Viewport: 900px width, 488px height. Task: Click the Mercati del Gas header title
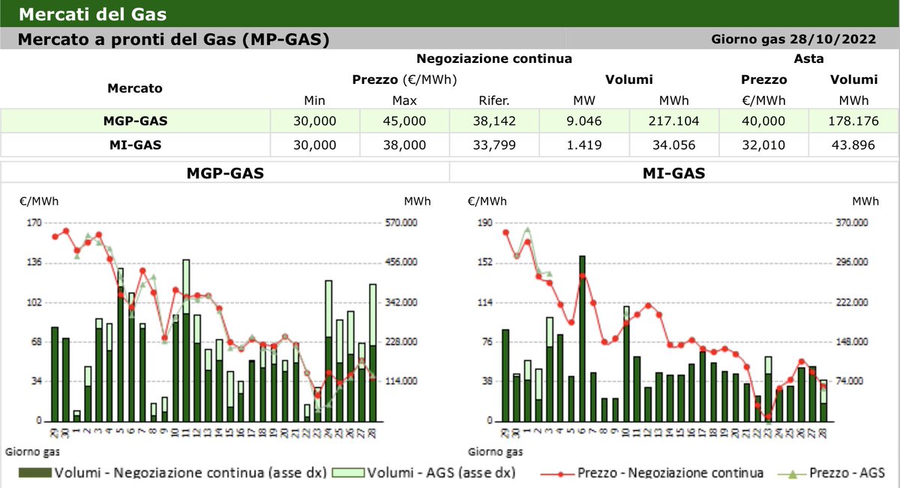(x=92, y=14)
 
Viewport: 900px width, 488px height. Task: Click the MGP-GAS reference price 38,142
(x=494, y=120)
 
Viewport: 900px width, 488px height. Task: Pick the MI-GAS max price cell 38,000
(x=404, y=144)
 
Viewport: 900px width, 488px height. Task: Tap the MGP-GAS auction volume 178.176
(x=853, y=120)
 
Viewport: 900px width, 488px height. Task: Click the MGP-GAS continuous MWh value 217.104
(x=673, y=120)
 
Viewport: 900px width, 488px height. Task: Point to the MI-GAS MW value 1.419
(x=584, y=144)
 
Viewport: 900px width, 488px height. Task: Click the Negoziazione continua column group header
(x=494, y=58)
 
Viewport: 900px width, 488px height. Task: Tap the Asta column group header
(x=808, y=58)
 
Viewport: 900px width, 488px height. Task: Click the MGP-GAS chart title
(x=224, y=174)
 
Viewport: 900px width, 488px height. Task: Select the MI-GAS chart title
(x=673, y=174)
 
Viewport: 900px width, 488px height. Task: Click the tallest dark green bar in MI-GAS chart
(x=582, y=337)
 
